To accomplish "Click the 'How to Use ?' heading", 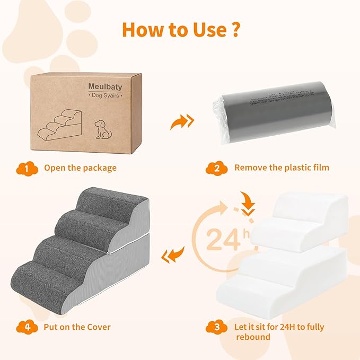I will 180,29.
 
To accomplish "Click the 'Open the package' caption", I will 80,168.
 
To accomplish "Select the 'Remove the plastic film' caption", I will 282,168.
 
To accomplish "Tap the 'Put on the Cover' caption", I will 77,327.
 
